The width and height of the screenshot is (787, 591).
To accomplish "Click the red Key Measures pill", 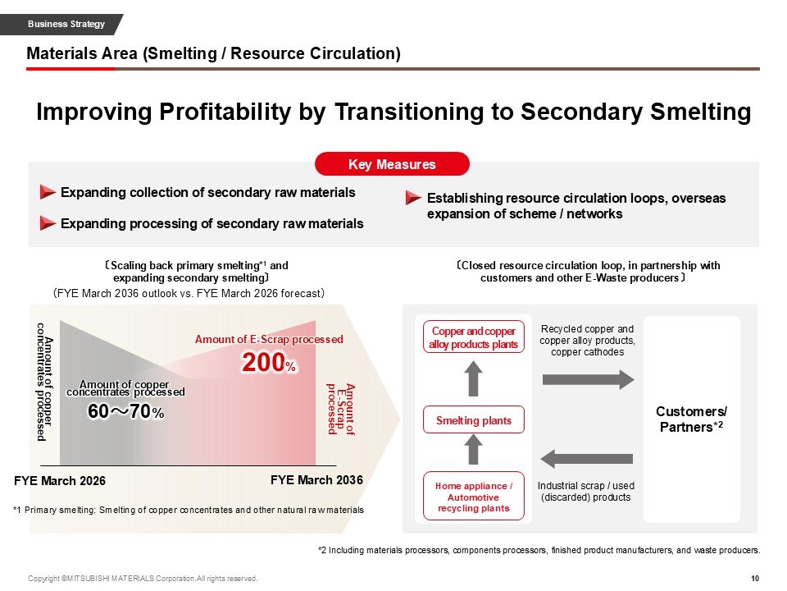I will click(x=392, y=164).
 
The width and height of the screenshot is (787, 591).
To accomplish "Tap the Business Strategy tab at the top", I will click(x=66, y=24).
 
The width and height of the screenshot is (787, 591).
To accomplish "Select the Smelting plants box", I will click(x=473, y=420).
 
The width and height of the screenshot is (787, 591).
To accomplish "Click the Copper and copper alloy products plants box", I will click(x=473, y=337).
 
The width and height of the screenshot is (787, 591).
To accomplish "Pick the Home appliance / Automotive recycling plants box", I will click(x=473, y=497).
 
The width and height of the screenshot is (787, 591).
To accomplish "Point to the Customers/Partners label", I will click(x=692, y=419).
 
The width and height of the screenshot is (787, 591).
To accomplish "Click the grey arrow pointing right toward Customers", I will click(x=588, y=379).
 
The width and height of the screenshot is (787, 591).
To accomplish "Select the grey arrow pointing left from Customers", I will click(x=588, y=458).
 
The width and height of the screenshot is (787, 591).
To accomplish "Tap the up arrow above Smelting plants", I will click(x=473, y=378).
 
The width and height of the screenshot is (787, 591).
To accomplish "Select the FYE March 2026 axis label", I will click(x=61, y=480).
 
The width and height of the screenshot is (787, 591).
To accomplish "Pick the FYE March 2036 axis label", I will click(x=316, y=479).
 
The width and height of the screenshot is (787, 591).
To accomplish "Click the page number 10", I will click(x=754, y=579).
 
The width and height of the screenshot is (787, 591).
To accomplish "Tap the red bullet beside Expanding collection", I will click(x=48, y=193).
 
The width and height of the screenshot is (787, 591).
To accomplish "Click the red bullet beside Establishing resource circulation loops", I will click(x=413, y=199).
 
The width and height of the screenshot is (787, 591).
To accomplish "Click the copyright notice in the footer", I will click(x=143, y=579).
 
